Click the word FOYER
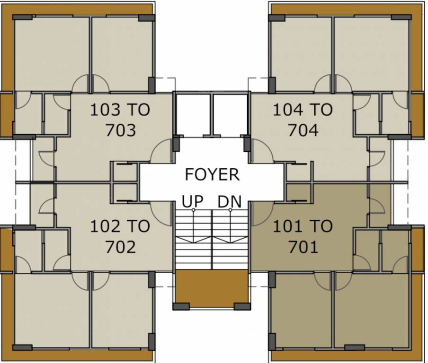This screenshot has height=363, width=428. [x=212, y=174]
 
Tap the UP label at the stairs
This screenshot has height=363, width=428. [x=193, y=201]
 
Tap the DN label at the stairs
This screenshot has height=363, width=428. [x=230, y=201]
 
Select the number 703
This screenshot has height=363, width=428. [x=121, y=130]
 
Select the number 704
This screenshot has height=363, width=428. [x=303, y=130]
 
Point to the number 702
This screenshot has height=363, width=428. [x=121, y=246]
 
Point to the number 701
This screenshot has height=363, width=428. [x=303, y=246]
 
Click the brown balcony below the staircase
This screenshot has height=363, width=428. [x=212, y=287]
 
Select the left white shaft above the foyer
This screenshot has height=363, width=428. [x=192, y=115]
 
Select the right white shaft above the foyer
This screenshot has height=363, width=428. [x=230, y=115]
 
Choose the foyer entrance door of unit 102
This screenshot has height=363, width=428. [x=162, y=213]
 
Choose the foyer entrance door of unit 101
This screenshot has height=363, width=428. [x=262, y=213]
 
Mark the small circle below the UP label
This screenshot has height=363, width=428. [x=193, y=210]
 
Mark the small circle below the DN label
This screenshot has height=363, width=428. [x=230, y=210]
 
